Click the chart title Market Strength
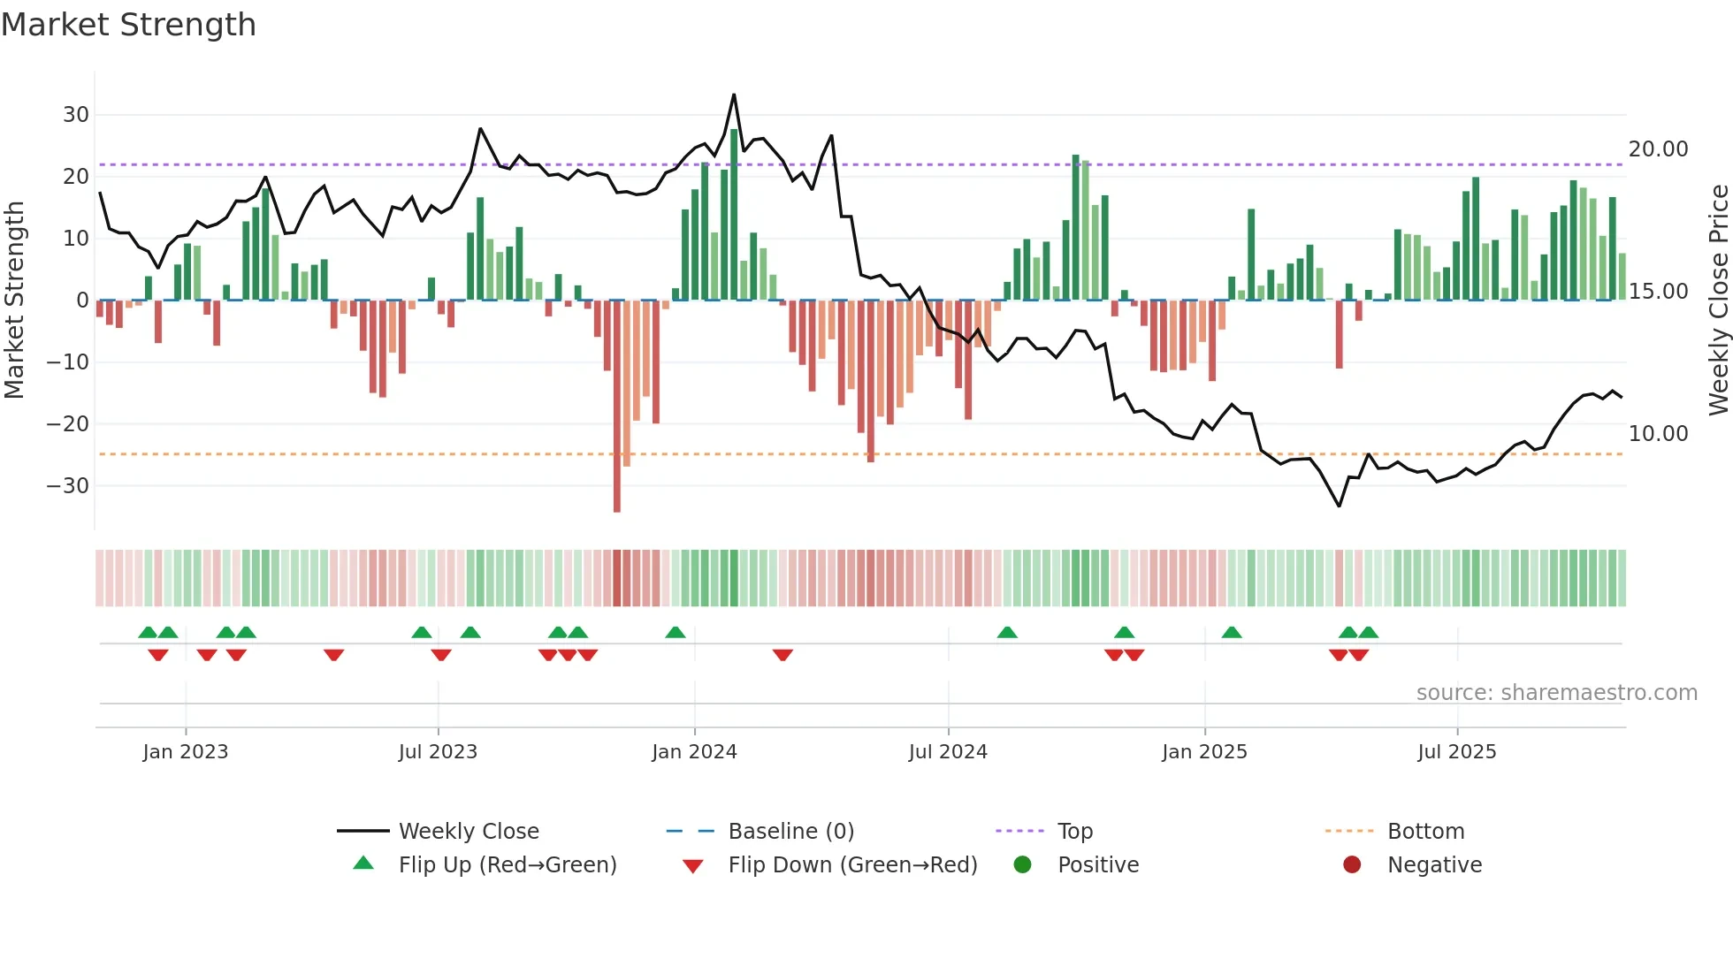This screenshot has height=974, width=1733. [128, 25]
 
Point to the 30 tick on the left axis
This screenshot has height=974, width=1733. [76, 115]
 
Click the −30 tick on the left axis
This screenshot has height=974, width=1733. [69, 486]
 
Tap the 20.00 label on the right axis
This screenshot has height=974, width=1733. [1658, 149]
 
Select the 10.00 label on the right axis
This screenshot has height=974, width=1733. [1658, 434]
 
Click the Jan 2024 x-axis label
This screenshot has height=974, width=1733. [694, 752]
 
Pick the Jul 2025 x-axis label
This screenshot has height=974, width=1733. [1456, 752]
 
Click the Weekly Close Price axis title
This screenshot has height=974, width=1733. [1718, 301]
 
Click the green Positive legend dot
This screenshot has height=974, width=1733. [1022, 865]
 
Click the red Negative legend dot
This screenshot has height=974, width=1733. [1352, 865]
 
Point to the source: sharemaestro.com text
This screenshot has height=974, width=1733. [1556, 693]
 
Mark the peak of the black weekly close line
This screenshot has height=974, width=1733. [734, 95]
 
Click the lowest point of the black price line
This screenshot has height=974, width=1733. [1339, 506]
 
